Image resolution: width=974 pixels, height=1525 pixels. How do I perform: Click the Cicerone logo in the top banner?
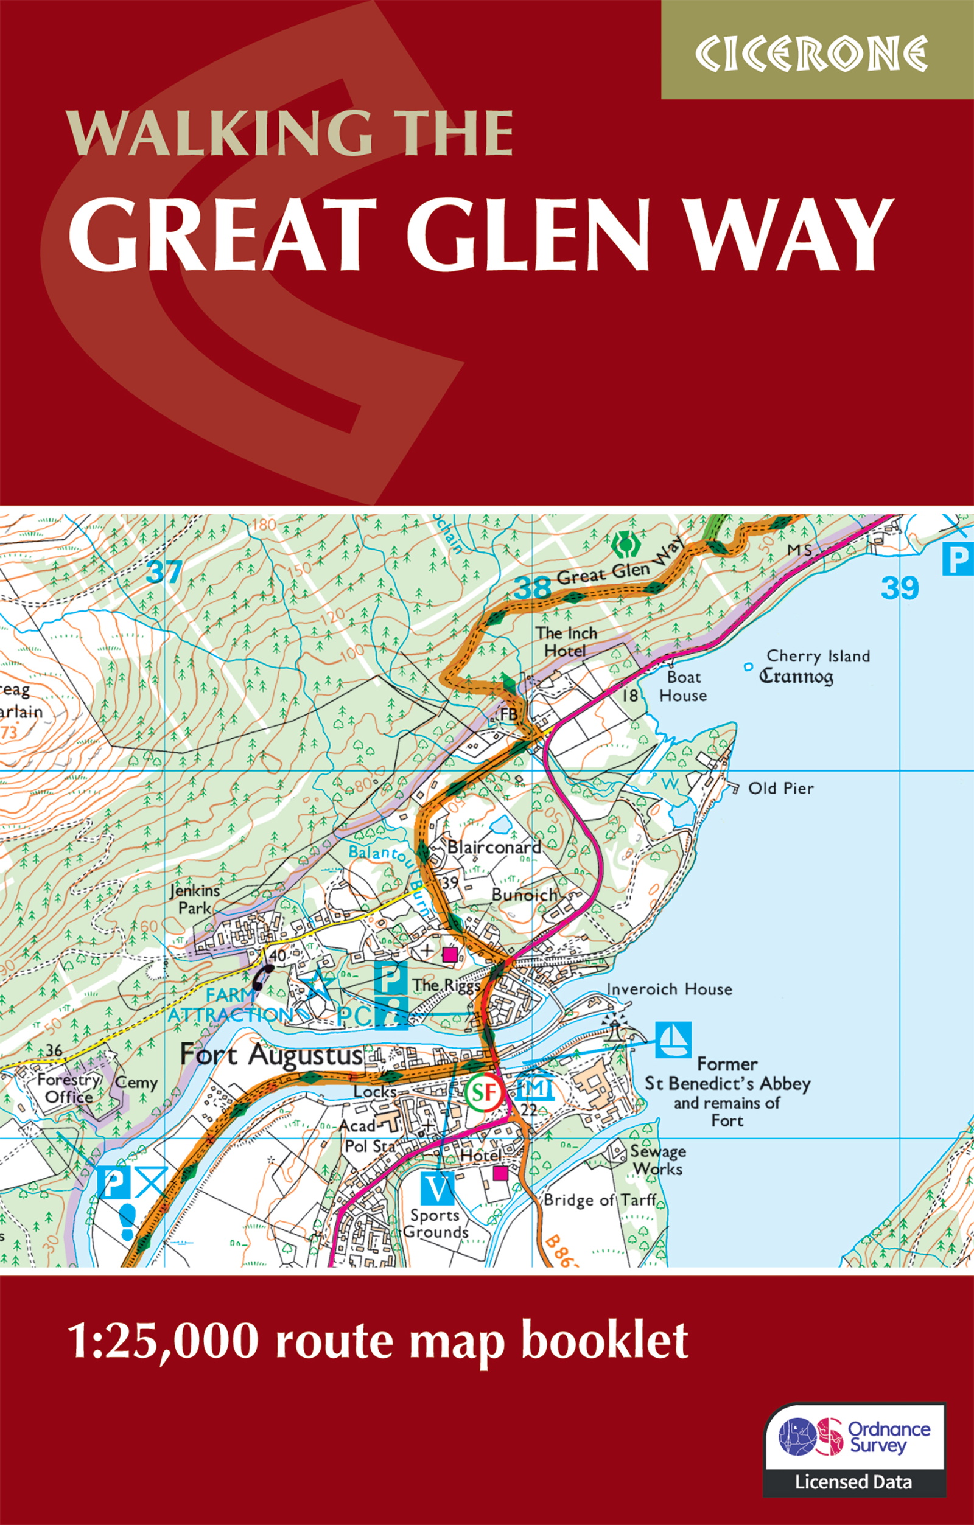click(x=810, y=55)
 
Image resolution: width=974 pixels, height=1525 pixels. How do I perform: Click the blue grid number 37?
click(x=164, y=573)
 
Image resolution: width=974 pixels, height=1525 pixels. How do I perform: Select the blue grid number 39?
click(x=899, y=588)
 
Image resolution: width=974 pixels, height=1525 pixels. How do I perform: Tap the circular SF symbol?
click(x=485, y=1091)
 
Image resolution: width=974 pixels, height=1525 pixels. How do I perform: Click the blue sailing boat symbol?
click(x=673, y=1039)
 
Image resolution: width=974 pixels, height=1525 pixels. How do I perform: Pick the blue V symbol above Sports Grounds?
click(x=437, y=1188)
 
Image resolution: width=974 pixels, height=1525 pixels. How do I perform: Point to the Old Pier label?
click(x=780, y=789)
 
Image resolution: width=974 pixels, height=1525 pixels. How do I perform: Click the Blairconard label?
click(x=494, y=846)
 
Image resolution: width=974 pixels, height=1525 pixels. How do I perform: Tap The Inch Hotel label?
click(x=566, y=641)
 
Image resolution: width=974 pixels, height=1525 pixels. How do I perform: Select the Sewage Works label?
click(x=658, y=1160)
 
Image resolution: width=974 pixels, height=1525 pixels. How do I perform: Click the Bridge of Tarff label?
click(x=600, y=1199)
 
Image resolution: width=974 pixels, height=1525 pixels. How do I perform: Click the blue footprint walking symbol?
click(x=127, y=1220)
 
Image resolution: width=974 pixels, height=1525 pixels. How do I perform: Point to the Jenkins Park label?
click(x=195, y=899)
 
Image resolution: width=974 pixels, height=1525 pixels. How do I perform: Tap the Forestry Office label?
click(x=69, y=1088)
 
